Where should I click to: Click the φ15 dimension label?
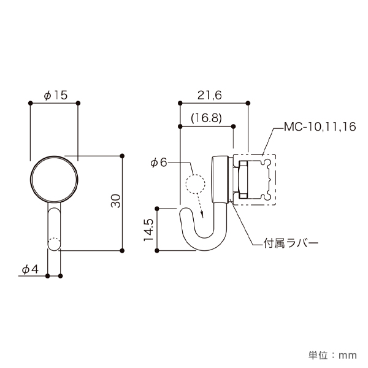point(56,95)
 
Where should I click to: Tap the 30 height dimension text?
point(116,201)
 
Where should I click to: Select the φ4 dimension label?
point(30,269)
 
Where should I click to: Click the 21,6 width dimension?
point(209,95)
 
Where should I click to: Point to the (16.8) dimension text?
point(206,118)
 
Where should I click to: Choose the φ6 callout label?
point(159,162)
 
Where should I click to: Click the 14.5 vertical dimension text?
point(148,229)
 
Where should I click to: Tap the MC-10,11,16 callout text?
point(320,127)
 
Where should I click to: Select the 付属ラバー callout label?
point(291,243)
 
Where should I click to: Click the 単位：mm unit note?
point(332,355)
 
